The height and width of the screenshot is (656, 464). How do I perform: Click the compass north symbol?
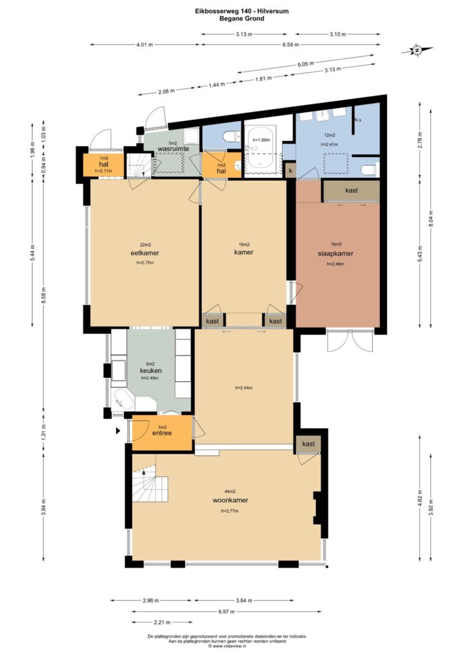tap(417, 50)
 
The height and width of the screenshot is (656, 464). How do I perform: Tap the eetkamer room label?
tap(145, 253)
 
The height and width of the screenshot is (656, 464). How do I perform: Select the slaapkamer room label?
tap(336, 254)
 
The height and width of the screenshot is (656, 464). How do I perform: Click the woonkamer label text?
tap(230, 500)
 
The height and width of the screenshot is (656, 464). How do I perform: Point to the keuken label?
tap(151, 371)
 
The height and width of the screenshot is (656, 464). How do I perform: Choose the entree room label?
tap(162, 433)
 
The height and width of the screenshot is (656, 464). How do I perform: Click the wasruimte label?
tap(173, 149)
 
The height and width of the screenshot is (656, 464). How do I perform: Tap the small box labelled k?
tap(290, 171)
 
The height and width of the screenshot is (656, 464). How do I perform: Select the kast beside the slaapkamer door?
tap(351, 190)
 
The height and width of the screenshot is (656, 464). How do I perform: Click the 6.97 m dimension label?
tap(226, 611)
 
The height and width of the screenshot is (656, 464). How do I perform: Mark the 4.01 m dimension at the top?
tap(144, 45)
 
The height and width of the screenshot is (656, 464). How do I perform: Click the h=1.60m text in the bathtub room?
tap(261, 140)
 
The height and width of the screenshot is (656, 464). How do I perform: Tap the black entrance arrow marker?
tap(119, 430)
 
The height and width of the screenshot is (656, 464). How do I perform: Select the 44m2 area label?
tap(229, 491)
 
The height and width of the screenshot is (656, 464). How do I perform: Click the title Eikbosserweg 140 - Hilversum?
tap(242, 12)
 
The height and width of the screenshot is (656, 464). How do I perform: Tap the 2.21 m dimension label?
tap(162, 622)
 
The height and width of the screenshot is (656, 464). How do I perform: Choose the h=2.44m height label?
tap(244, 388)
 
